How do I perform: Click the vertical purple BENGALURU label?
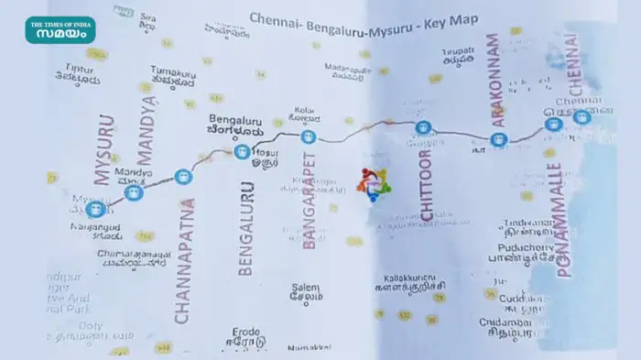point(245,220)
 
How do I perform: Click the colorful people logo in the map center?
point(374,184)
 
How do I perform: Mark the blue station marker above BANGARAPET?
point(308,137)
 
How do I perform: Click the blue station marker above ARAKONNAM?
point(497,140)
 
